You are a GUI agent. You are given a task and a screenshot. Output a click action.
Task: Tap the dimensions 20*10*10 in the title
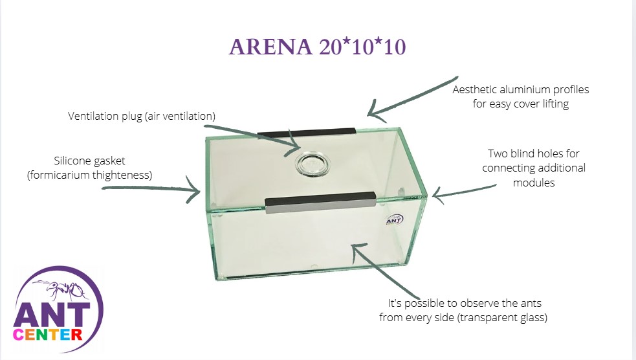coord(362,47)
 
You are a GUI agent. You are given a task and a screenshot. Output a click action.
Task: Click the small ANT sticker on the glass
coord(393,221)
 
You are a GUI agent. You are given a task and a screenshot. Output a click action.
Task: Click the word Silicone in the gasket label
coord(73,160)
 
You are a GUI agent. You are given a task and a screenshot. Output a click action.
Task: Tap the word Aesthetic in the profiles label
coord(475,89)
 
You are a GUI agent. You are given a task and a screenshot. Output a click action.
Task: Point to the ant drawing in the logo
coord(63,289)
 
